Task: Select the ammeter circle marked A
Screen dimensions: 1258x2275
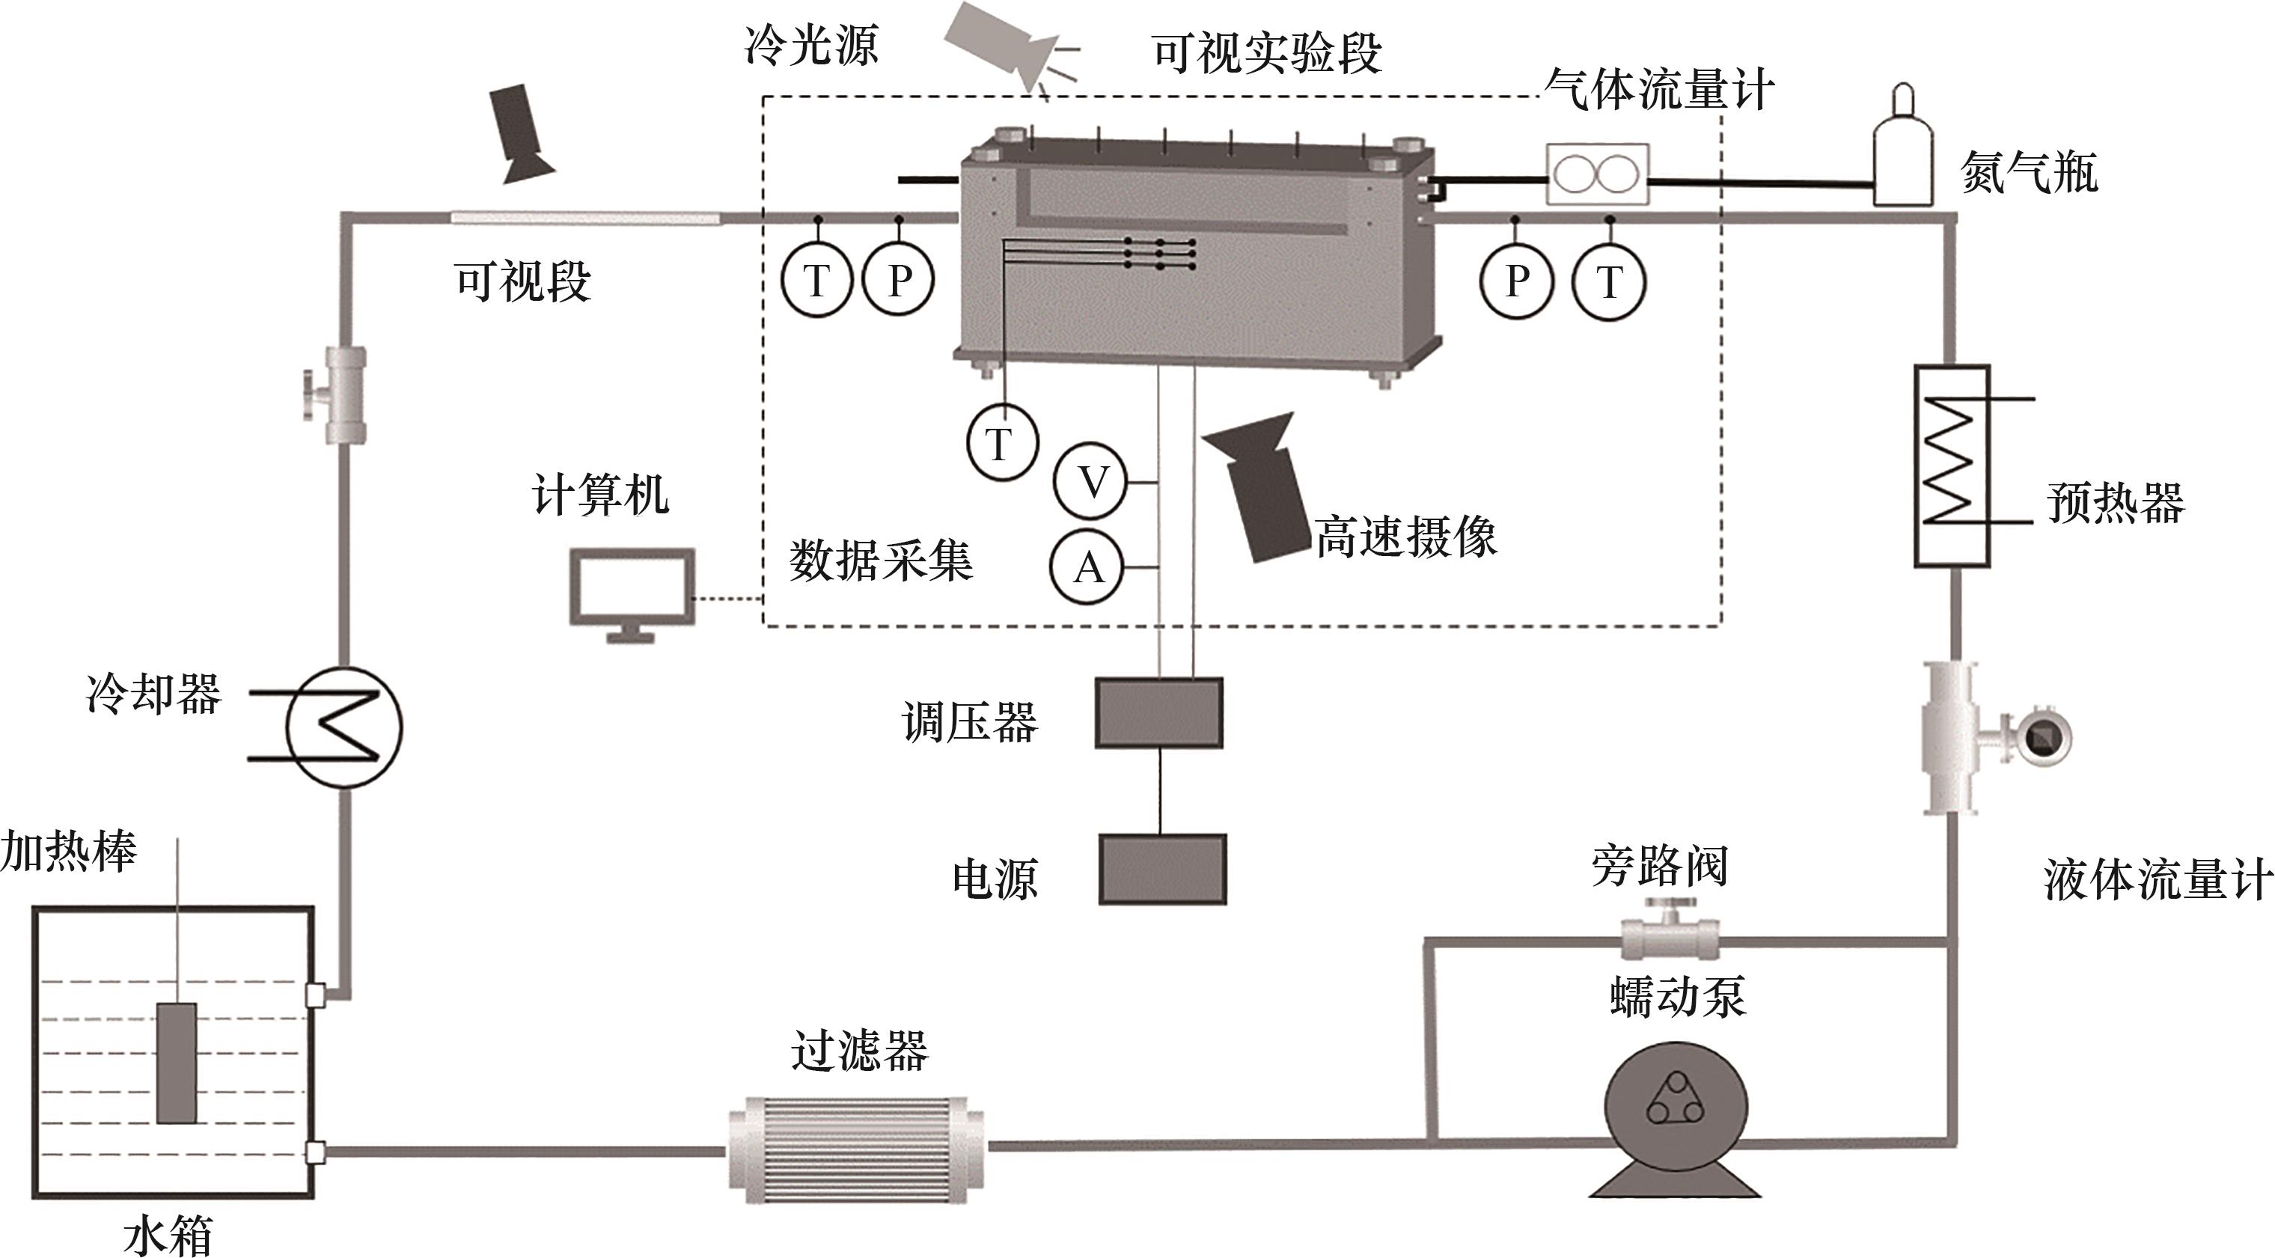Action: click(x=1087, y=567)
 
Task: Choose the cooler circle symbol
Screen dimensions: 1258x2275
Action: click(x=344, y=726)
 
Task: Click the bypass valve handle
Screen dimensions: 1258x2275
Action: click(x=1668, y=907)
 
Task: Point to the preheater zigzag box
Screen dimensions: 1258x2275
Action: click(x=1952, y=465)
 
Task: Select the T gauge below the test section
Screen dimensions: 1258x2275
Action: click(x=1001, y=442)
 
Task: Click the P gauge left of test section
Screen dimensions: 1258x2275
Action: click(x=898, y=281)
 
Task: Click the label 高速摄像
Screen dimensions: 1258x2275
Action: click(x=1405, y=537)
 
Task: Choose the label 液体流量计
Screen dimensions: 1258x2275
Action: click(x=2157, y=880)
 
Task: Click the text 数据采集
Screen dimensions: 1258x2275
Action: click(x=881, y=560)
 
